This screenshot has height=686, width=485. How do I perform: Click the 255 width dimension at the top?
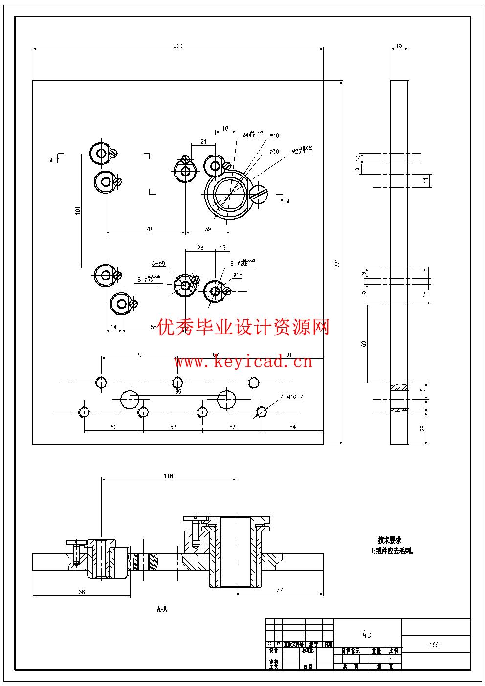pos(178,45)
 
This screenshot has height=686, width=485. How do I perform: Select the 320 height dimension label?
pos(336,263)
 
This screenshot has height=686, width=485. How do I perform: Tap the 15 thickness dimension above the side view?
pos(399,45)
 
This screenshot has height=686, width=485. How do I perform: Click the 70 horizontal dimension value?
pos(149,229)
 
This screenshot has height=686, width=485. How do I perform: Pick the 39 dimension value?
pos(208,229)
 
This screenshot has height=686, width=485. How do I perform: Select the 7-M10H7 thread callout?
pos(291,397)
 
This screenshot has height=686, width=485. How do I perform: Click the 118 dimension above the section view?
pos(168,476)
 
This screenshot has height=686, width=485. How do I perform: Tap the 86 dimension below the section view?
pos(82,592)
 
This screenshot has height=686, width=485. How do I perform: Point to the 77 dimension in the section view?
pos(279,590)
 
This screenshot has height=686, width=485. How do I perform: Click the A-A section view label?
pos(162,609)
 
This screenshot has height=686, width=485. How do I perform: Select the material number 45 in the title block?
pos(367,634)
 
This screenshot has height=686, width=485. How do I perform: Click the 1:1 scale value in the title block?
pos(392,659)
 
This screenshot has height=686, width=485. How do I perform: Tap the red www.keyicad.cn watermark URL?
pos(243,362)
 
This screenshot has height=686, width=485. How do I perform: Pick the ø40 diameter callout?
pos(274,135)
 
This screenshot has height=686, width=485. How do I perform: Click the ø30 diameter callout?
pos(274,152)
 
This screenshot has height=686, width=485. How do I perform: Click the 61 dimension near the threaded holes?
pos(289,354)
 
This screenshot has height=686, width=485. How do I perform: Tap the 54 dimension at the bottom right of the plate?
pos(292,427)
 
